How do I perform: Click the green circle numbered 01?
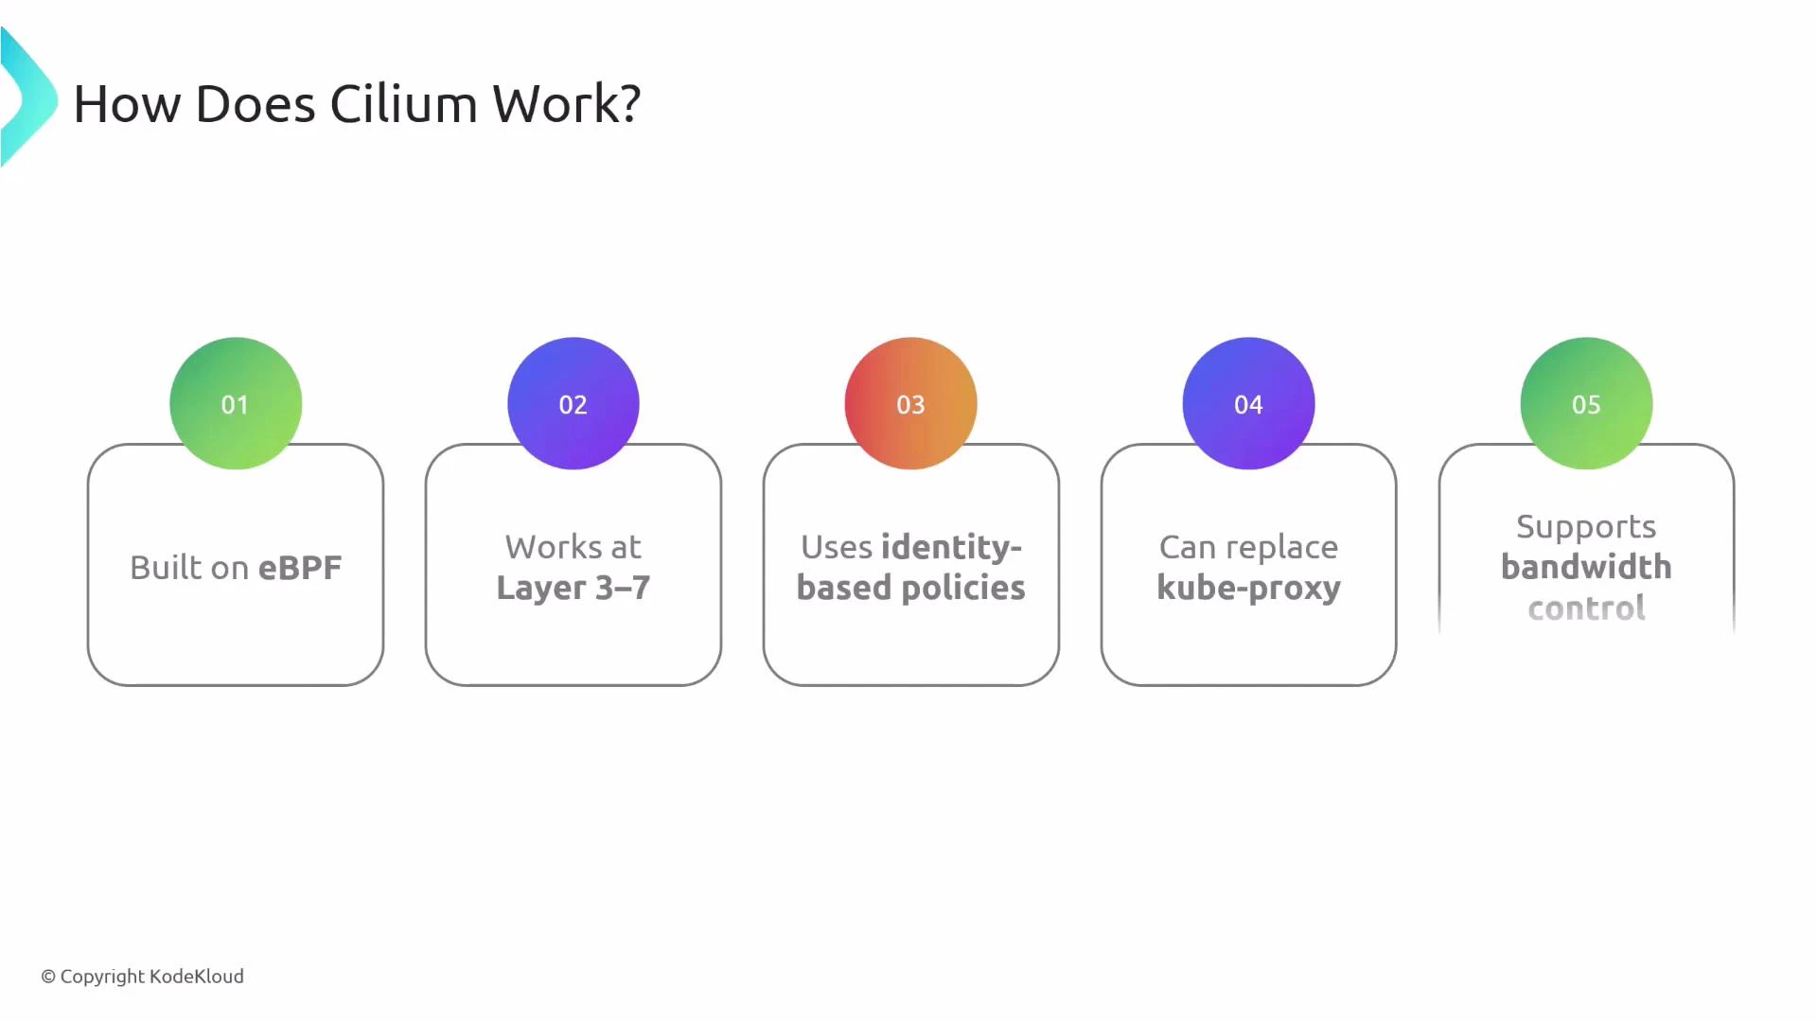[236, 403]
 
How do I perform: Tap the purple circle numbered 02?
[573, 403]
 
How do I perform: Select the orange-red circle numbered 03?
[910, 403]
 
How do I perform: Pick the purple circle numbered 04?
[1248, 403]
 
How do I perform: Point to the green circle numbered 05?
[1586, 403]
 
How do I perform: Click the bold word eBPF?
[300, 568]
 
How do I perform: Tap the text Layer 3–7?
[573, 588]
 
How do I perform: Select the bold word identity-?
[951, 547]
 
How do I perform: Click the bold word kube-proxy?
[1248, 588]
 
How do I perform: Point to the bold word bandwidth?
[1586, 567]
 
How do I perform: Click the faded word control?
[1586, 608]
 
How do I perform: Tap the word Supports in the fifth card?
[1586, 526]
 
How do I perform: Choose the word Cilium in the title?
[403, 103]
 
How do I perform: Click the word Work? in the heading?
[567, 103]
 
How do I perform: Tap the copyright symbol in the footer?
[48, 977]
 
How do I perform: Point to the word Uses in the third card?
[837, 547]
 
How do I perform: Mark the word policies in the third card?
[963, 588]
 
